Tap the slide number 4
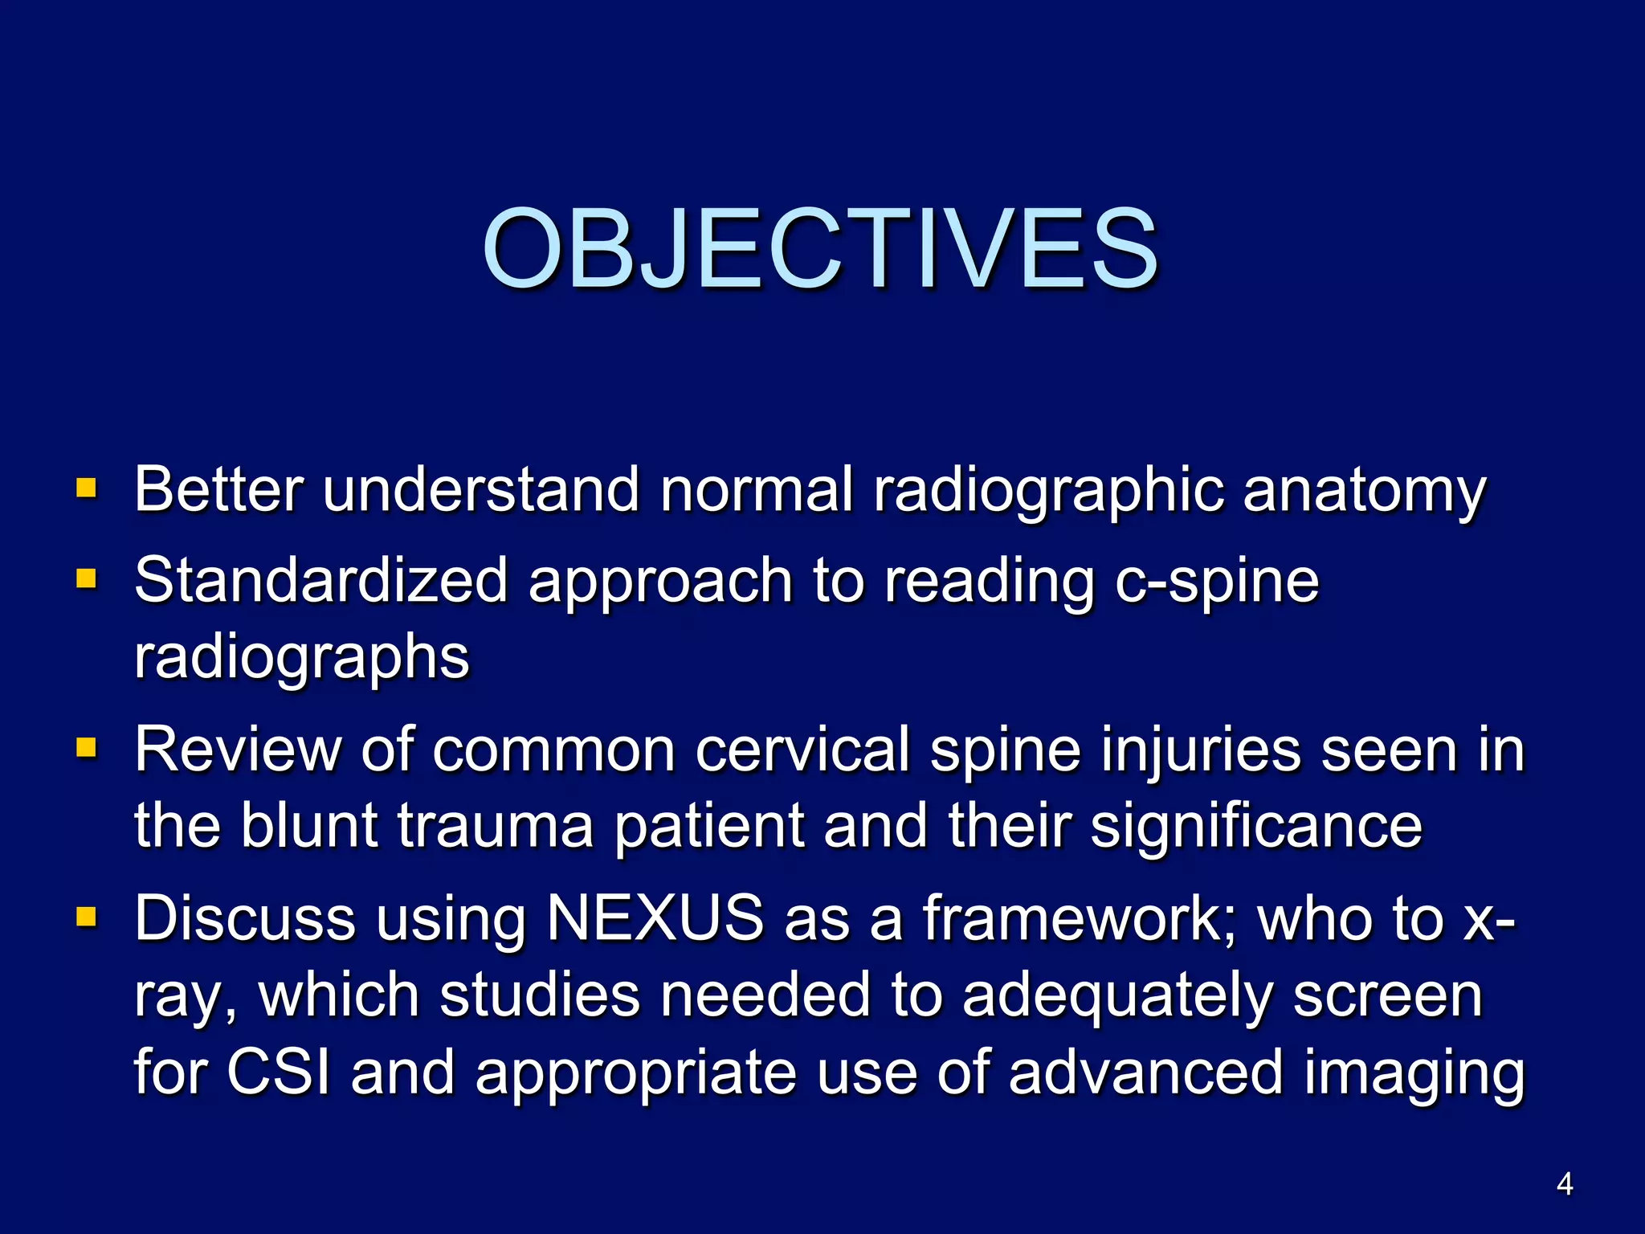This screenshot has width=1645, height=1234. pos(1564,1183)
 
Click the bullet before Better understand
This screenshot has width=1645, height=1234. pos(86,488)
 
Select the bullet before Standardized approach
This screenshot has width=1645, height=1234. pos(86,578)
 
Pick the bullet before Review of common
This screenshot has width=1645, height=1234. pos(86,749)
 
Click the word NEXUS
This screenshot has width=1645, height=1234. pos(655,917)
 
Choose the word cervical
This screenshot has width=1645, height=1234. pos(802,750)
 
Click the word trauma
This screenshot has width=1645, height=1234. pos(496,827)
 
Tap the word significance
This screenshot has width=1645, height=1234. pos(1256,828)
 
